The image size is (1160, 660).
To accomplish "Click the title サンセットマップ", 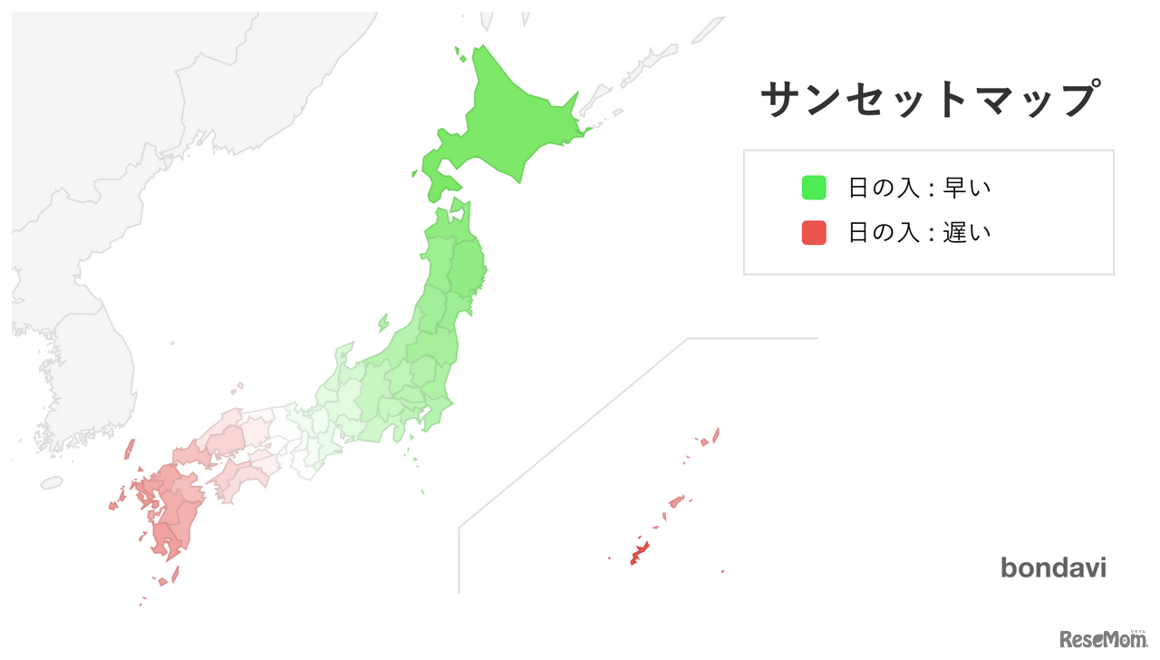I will coord(930,99).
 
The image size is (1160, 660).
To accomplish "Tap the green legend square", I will coord(813,188).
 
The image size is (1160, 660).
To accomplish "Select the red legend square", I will coord(813,233).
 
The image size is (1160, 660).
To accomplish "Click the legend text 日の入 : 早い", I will coord(919,188).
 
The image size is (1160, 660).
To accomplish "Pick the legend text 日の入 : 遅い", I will coord(919,233).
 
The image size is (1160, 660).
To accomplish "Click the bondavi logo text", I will coord(1053,568).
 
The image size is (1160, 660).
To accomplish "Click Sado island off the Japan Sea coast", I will coord(383,322).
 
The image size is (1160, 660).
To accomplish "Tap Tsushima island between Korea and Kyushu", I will coord(129,450).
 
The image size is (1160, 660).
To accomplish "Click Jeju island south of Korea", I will coord(52,483).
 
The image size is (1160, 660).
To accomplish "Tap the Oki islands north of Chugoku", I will coord(237,388).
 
